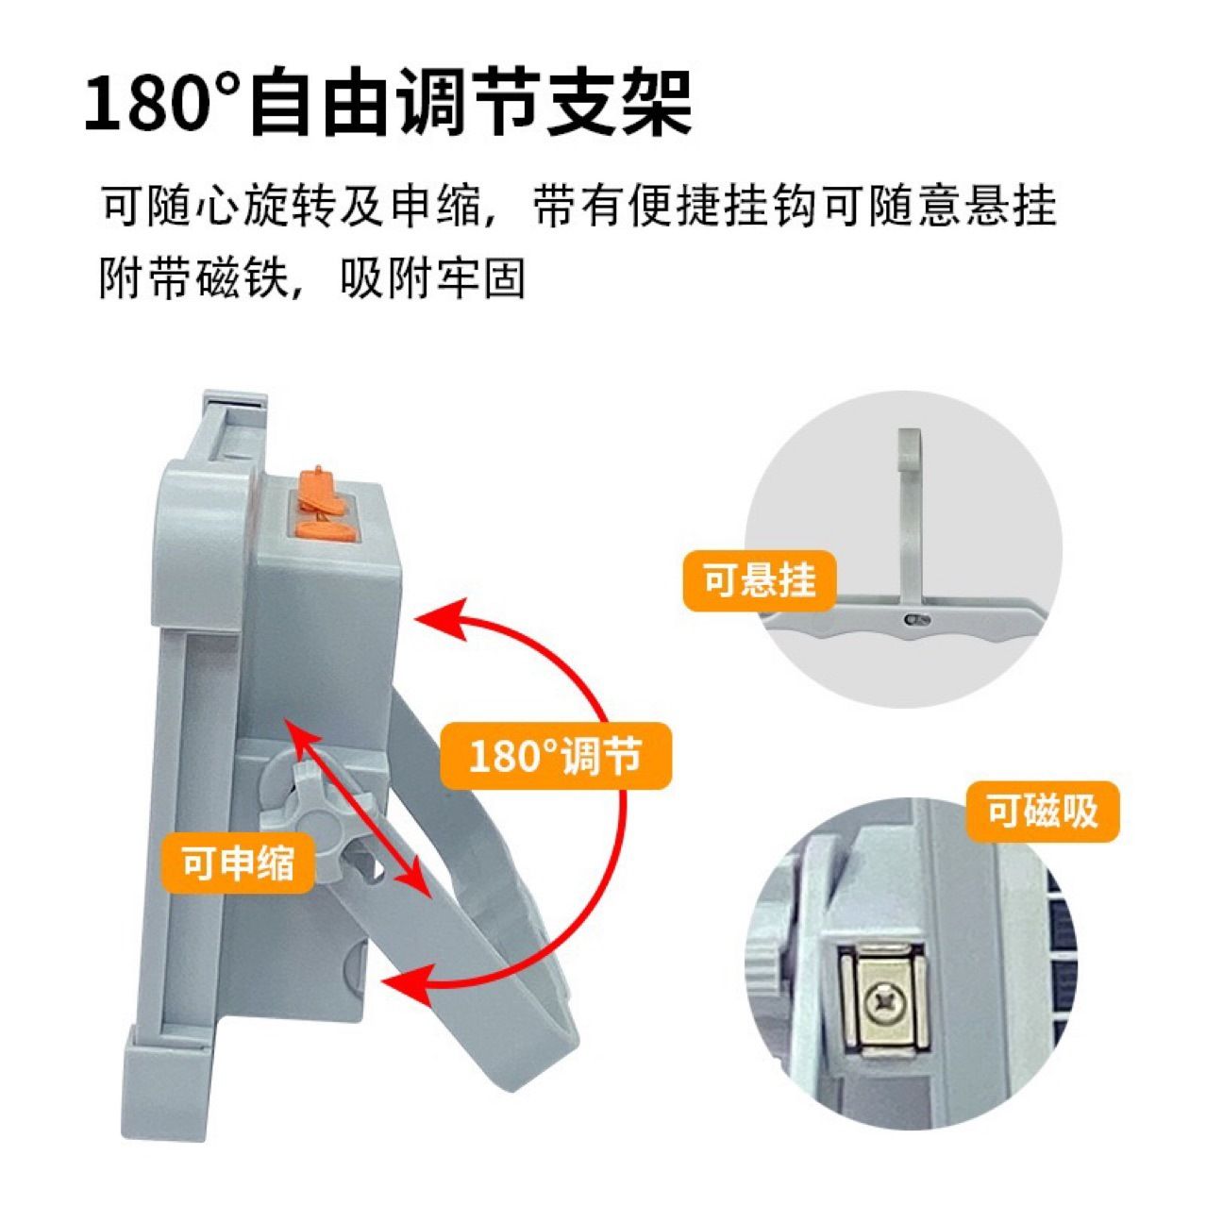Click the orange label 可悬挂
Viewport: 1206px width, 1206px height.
pyautogui.click(x=759, y=580)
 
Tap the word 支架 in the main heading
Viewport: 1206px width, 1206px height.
pyautogui.click(x=619, y=102)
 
